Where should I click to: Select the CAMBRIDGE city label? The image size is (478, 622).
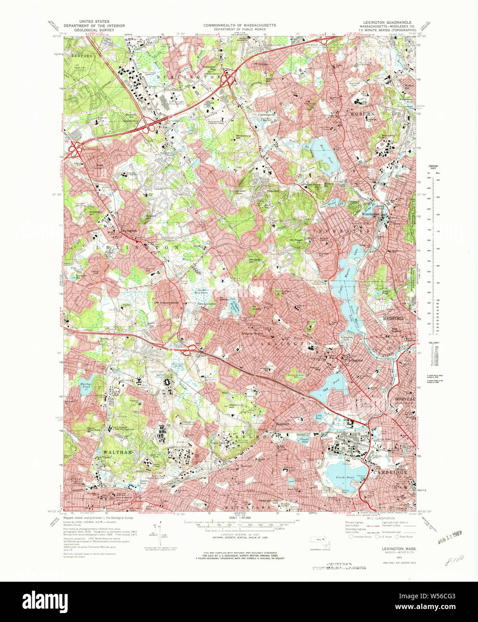(391, 473)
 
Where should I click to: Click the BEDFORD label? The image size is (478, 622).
(82, 56)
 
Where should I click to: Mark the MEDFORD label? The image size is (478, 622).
(393, 318)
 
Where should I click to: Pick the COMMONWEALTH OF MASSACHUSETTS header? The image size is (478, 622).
(239, 26)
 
